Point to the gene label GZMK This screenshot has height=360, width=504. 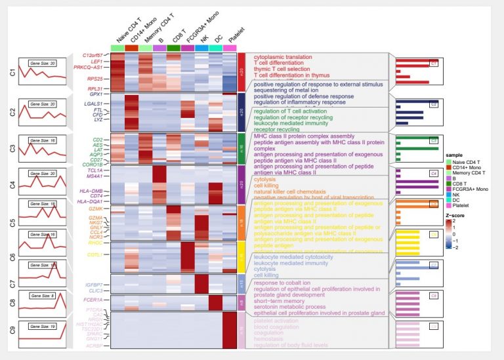[96, 209]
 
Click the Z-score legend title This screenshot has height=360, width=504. [455, 214]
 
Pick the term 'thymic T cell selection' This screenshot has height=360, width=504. [283, 70]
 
